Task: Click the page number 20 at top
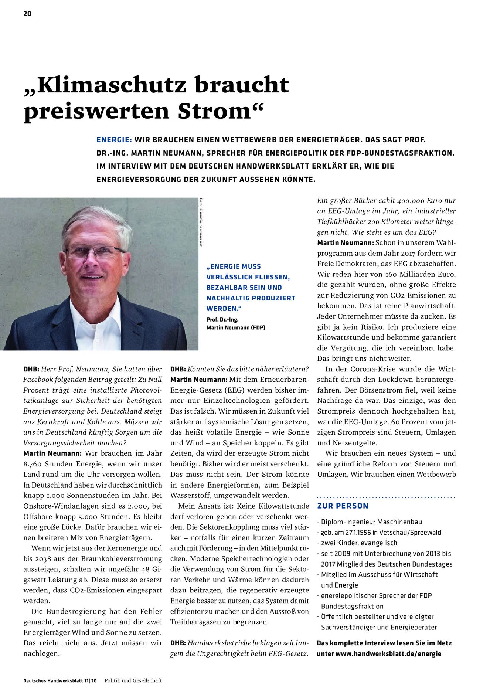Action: point(27,14)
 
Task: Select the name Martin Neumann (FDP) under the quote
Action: point(236,327)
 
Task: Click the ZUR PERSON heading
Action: point(343,506)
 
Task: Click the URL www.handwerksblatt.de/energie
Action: point(388,653)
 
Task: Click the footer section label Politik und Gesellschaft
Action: point(133,680)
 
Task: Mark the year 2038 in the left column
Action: point(43,558)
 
